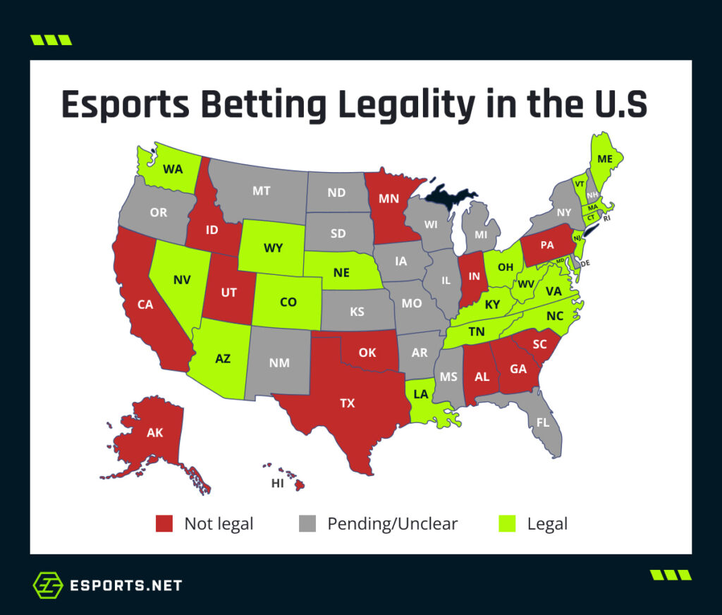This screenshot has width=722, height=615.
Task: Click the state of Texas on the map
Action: [347, 403]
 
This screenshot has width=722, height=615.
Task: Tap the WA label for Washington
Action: [173, 169]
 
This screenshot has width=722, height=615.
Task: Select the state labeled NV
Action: [182, 279]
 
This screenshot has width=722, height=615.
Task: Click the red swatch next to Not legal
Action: [164, 524]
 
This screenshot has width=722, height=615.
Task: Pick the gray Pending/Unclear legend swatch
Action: [307, 524]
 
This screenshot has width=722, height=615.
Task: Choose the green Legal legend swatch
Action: [508, 524]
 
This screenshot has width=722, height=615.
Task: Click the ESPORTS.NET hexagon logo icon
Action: [48, 585]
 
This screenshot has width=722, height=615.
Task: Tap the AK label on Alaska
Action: [155, 432]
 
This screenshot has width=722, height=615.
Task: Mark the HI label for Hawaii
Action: [279, 483]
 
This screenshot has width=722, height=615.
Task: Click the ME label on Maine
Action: [605, 159]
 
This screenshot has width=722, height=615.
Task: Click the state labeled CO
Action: [288, 302]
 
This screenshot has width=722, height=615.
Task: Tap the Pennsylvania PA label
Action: [547, 246]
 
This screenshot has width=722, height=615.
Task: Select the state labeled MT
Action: [261, 190]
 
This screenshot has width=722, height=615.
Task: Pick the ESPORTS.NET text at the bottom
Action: [126, 585]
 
